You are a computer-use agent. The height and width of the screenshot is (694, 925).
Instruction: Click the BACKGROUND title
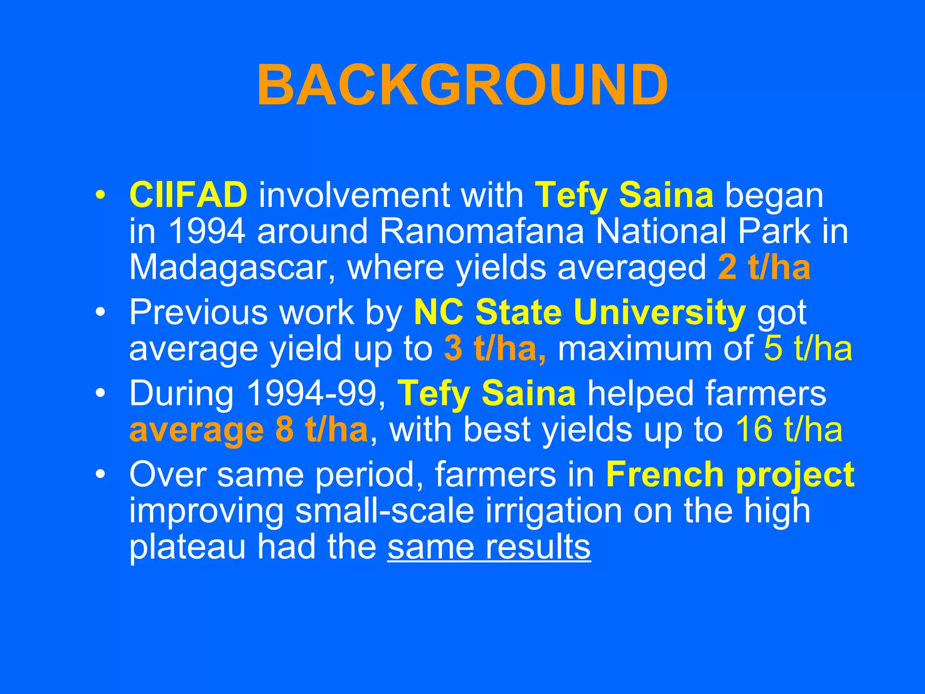(x=462, y=85)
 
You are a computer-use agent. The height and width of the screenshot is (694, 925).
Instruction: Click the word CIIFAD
(x=188, y=195)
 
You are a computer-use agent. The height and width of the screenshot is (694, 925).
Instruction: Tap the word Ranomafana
(x=482, y=231)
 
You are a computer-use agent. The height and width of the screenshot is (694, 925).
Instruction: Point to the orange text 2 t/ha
(x=764, y=267)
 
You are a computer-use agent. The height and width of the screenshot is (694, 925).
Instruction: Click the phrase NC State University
(x=579, y=312)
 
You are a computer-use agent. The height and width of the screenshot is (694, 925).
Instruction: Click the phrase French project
(x=730, y=474)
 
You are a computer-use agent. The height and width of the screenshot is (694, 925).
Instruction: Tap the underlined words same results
(x=489, y=547)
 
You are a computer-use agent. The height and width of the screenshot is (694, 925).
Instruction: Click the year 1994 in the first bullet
(x=206, y=231)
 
